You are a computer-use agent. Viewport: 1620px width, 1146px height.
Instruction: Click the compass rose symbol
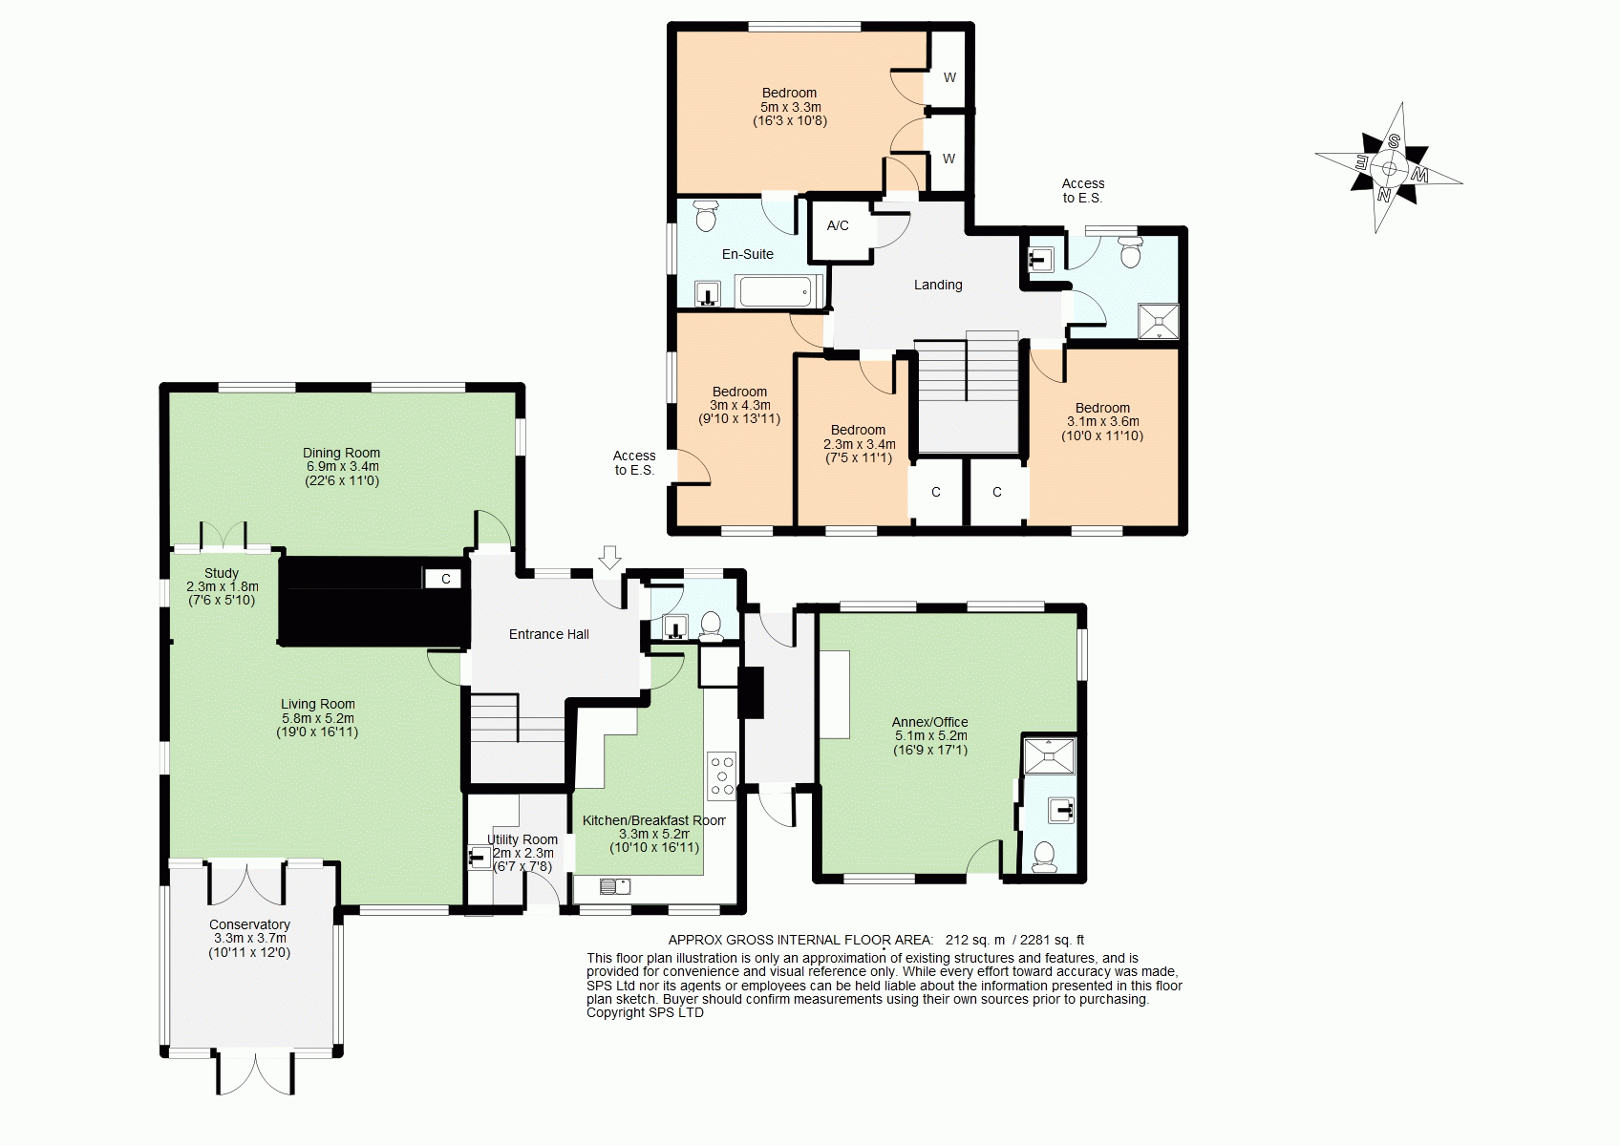click(x=1389, y=168)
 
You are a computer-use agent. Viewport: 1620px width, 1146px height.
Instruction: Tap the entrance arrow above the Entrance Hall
click(x=609, y=558)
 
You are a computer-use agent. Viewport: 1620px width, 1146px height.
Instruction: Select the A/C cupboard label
click(x=838, y=225)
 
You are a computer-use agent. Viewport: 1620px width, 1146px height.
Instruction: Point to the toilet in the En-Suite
click(x=705, y=214)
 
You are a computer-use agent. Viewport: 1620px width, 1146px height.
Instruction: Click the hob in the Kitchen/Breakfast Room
click(x=722, y=775)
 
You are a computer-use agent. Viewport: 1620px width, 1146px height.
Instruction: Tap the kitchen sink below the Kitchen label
click(x=615, y=885)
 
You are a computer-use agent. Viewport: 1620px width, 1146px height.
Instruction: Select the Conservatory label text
click(x=249, y=924)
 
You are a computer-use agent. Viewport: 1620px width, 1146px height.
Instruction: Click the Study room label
click(x=222, y=573)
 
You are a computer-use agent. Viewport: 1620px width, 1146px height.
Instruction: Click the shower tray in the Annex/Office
click(x=1050, y=755)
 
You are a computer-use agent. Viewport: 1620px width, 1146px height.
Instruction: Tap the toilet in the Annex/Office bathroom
click(x=1044, y=857)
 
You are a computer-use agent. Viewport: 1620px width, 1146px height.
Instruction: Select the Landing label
click(x=938, y=285)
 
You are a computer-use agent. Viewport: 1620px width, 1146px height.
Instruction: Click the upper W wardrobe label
click(x=949, y=77)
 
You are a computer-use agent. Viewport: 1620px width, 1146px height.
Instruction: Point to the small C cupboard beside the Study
click(x=445, y=579)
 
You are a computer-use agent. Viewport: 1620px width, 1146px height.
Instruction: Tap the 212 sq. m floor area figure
click(x=975, y=940)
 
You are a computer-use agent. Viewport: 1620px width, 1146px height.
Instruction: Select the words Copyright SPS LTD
click(x=645, y=1013)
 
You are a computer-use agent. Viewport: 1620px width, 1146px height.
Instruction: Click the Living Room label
click(x=317, y=704)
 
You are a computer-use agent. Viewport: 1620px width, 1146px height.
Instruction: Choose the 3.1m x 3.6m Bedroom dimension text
click(x=1103, y=421)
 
